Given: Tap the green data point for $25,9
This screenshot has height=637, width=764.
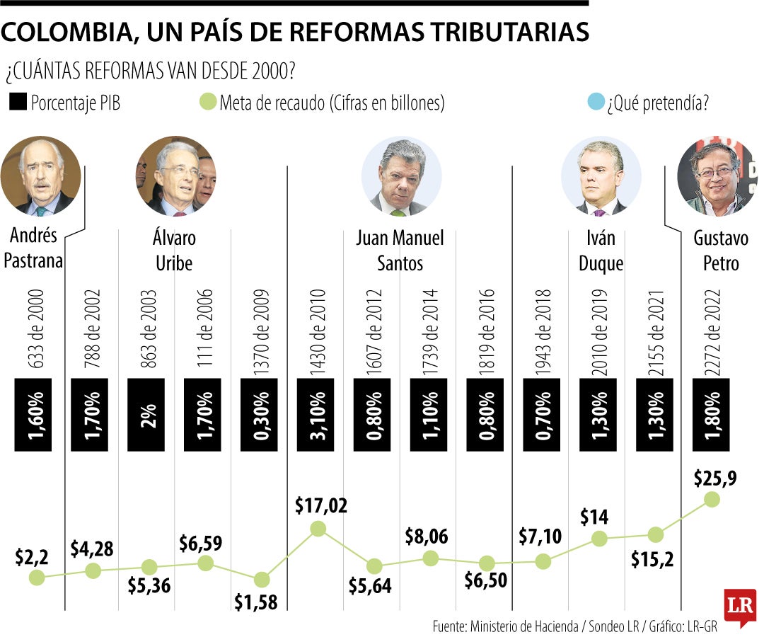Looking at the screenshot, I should (712, 499).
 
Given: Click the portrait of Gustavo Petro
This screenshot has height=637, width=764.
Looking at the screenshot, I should (716, 176).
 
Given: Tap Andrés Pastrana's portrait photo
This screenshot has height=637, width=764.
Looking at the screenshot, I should (40, 176).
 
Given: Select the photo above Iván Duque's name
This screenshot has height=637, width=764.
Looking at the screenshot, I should (601, 176).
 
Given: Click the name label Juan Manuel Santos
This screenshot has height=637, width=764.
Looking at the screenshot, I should (400, 250).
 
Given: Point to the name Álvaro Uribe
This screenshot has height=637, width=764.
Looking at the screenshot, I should (174, 250).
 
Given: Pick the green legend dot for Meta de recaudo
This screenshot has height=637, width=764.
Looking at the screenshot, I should (207, 103).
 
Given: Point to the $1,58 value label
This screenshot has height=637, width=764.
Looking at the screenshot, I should (256, 602).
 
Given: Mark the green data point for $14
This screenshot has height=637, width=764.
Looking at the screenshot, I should (599, 538).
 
